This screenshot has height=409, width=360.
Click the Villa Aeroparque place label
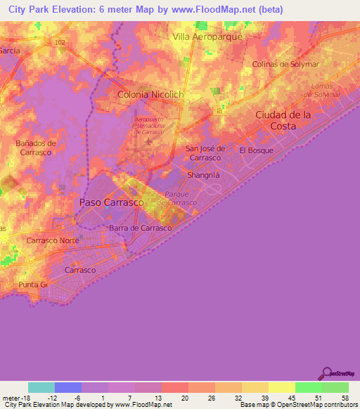pos(207,36)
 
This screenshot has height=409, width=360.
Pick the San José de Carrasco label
pos(205,153)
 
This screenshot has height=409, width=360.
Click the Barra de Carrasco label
pos(141,228)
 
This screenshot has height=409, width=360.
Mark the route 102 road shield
pos(60,42)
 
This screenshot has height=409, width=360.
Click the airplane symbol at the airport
pos(148,143)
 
